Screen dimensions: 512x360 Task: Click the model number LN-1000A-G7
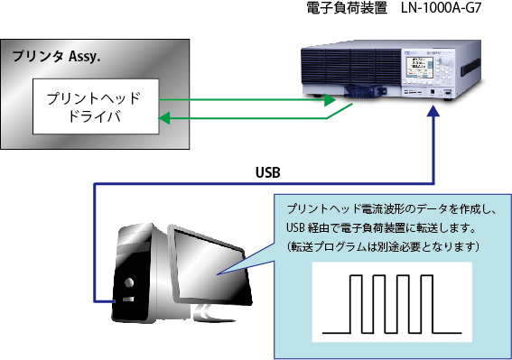[442, 8]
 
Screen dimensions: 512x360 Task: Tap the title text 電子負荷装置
[347, 8]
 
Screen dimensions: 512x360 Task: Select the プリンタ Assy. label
[56, 57]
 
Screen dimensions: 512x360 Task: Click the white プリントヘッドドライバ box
[96, 106]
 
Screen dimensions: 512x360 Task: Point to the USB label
[268, 172]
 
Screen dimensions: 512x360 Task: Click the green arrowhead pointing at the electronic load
[330, 100]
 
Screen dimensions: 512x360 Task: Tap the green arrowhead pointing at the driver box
[164, 118]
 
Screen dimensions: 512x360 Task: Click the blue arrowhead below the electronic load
[433, 111]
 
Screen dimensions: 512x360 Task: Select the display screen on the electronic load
[420, 68]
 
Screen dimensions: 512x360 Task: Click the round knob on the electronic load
[446, 60]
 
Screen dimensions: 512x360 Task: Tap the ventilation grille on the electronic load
[351, 66]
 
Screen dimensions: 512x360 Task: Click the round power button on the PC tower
[129, 282]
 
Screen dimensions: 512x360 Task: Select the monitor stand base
[212, 314]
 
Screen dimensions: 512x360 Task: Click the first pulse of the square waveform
[357, 304]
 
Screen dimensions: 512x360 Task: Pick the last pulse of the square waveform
[427, 304]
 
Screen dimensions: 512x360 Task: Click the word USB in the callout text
[295, 227]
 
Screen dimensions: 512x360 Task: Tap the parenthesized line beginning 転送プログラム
[383, 246]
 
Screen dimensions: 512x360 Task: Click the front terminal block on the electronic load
[363, 91]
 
